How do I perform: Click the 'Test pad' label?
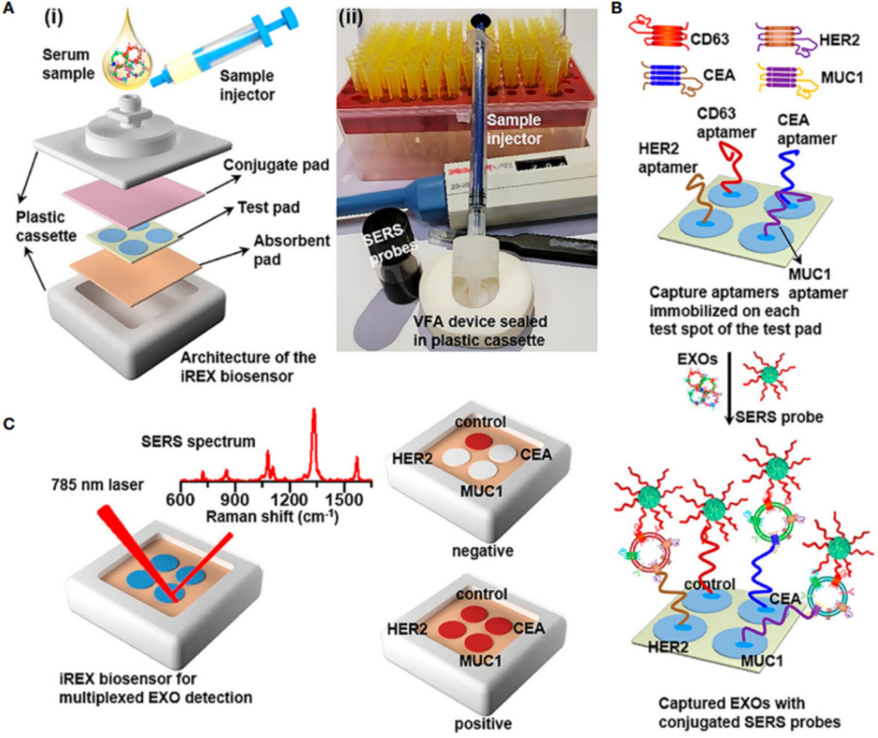268,207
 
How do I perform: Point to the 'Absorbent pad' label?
291,249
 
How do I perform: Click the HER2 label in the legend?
839,39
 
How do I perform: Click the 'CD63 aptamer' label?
726,122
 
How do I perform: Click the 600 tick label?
180,499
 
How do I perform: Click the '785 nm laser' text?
97,485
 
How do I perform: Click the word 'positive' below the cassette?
483,724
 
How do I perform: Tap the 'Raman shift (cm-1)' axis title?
272,517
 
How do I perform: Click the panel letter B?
616,8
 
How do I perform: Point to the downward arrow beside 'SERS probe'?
729,389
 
